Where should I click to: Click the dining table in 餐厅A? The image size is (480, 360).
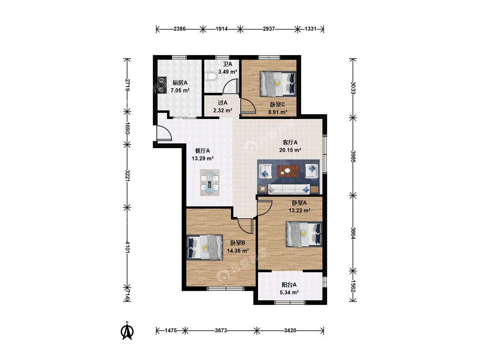[x=209, y=183]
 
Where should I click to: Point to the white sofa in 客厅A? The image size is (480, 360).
[x=289, y=189]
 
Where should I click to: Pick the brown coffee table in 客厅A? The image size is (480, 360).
[x=288, y=171]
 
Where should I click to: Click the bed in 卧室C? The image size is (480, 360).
[x=278, y=84]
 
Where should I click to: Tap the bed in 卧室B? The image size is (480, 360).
[x=205, y=247]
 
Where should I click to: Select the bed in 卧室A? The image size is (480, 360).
[x=304, y=234]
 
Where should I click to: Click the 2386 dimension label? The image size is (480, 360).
[x=179, y=29]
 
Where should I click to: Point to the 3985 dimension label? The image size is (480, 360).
[x=353, y=157]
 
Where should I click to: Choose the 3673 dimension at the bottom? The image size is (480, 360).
[x=221, y=330]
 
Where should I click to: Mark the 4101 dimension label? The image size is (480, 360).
[x=127, y=247]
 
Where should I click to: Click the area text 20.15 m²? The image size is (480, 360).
[x=290, y=150]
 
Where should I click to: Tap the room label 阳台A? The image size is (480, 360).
[x=289, y=285]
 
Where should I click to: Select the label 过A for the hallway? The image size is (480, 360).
[x=223, y=103]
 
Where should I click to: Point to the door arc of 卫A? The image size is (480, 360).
[x=229, y=86]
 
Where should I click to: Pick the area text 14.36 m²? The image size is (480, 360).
[x=238, y=251]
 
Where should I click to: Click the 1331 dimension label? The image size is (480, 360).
[x=310, y=29]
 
